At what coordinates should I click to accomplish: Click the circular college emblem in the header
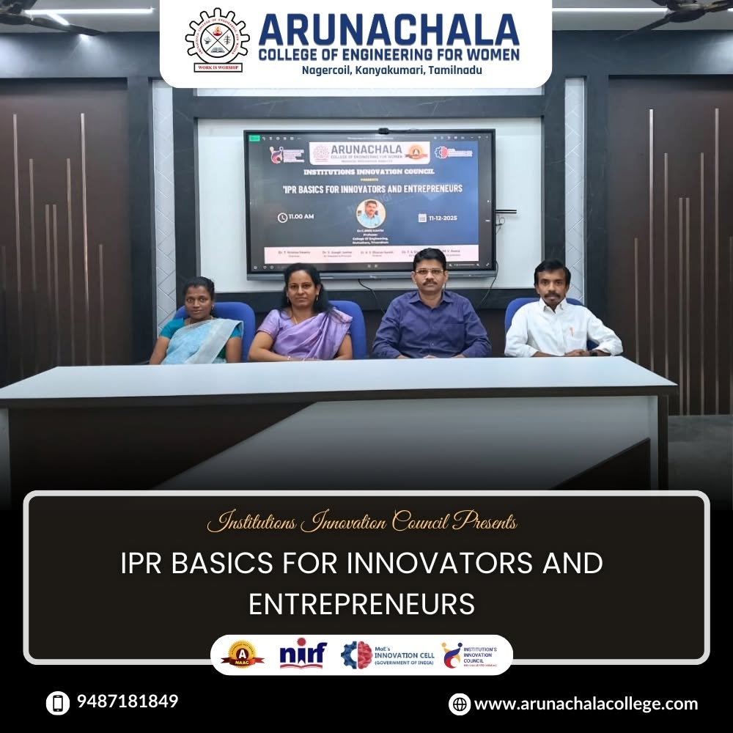click(217, 40)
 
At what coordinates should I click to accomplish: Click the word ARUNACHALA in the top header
click(388, 31)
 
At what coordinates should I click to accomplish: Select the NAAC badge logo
click(243, 654)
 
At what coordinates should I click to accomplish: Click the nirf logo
click(303, 653)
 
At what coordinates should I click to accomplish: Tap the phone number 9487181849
click(128, 701)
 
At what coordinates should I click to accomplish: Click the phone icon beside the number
click(57, 703)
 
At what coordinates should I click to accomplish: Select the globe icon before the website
click(460, 704)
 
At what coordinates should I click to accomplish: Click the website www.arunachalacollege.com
click(586, 704)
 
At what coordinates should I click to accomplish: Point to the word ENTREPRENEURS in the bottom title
click(361, 605)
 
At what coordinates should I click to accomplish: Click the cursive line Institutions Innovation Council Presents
click(362, 523)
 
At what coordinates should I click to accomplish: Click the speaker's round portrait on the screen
click(371, 213)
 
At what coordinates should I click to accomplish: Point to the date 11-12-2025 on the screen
click(446, 218)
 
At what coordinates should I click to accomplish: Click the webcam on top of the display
click(383, 130)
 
